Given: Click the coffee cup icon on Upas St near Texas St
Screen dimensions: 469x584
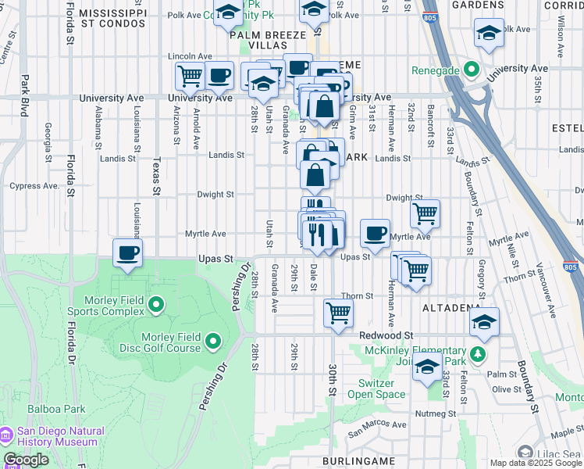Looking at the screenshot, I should click(128, 252).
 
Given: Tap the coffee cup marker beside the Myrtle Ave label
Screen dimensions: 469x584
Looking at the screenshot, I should click(376, 232).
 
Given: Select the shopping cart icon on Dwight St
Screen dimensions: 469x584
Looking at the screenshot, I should click(425, 213).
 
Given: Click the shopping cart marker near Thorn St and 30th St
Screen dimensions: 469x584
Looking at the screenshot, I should click(339, 313).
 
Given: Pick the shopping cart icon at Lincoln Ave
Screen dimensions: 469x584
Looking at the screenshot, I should click(190, 76).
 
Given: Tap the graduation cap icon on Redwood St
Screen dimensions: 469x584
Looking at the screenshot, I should click(485, 321).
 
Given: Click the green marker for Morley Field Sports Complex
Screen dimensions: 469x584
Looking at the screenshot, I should click(155, 303).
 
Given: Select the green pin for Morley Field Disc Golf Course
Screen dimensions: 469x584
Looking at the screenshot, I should click(213, 341).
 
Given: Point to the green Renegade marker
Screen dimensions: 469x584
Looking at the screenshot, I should click(470, 70).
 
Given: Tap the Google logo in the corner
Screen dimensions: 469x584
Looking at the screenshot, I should click(26, 460).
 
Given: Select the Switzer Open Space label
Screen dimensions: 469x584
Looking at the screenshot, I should click(382, 388).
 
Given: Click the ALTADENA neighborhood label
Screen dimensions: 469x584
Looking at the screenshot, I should click(450, 309).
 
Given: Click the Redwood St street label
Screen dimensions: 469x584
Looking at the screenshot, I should click(386, 335).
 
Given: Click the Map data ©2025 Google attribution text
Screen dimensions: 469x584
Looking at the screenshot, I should click(535, 463).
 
